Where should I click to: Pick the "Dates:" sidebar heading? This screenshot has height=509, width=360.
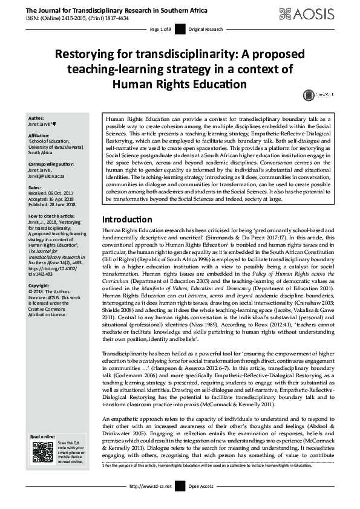pos(35,188)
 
